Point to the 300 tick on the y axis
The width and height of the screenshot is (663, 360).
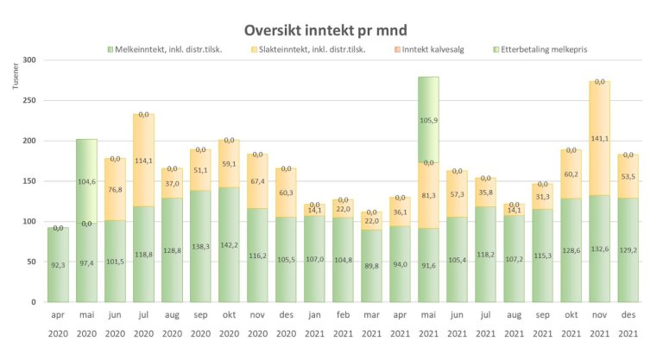coord(30,60)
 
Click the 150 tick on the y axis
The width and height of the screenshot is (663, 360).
coord(30,181)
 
